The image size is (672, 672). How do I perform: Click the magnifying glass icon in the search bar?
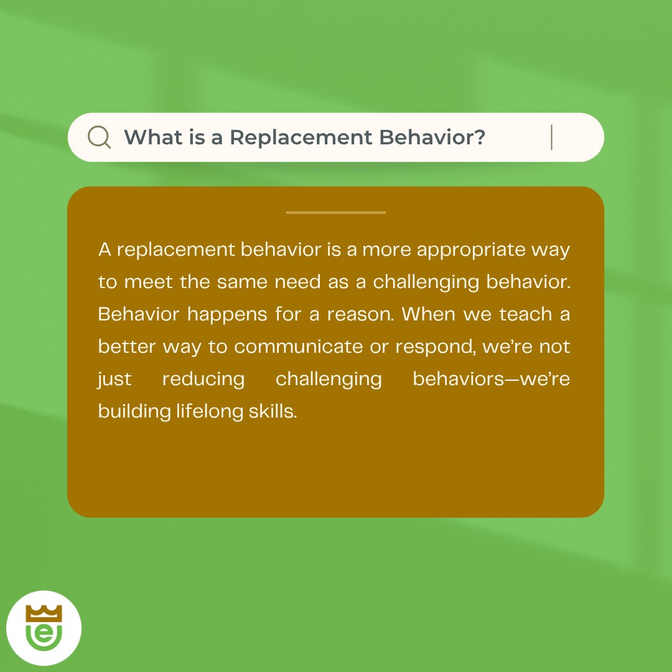99,137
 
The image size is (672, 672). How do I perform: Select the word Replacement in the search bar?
301,138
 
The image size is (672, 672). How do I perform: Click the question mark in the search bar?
480,137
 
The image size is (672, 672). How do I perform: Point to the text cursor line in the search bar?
551,137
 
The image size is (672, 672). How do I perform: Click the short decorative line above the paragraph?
336,212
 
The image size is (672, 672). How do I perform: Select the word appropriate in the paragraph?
471,250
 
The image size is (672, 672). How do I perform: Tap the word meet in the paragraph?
148,282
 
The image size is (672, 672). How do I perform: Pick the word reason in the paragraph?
360,315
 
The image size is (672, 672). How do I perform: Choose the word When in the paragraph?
428,314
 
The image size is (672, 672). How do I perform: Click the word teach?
525,314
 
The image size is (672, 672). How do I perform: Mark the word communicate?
298,347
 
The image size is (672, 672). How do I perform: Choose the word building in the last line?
134,411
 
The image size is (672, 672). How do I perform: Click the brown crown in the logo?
44,614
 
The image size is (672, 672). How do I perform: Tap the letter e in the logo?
44,633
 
